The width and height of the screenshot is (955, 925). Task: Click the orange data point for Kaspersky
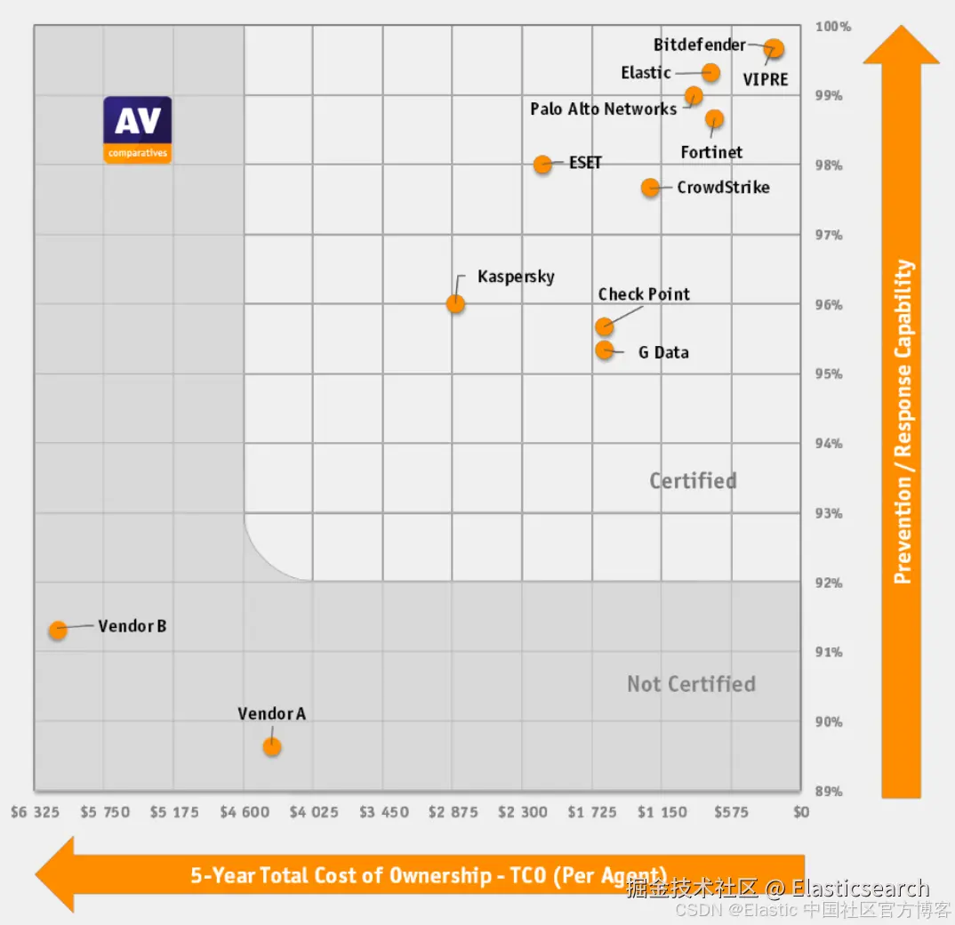[455, 303]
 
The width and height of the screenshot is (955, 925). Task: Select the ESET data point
[542, 164]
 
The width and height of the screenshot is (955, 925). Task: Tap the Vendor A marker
[272, 746]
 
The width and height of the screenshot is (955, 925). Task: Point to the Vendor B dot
[58, 630]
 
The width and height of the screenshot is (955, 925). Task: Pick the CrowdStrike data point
[651, 187]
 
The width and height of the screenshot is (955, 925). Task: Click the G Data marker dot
[605, 350]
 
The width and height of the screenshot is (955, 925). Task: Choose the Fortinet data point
[714, 118]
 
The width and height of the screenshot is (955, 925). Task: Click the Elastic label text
[646, 73]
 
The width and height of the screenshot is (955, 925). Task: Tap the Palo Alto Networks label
[603, 109]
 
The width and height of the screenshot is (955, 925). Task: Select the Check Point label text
[644, 294]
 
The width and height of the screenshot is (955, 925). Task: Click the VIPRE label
[766, 79]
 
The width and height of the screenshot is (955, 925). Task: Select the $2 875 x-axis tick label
[453, 812]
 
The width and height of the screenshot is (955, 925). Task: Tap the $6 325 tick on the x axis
[35, 812]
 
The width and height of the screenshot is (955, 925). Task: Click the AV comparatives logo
[137, 130]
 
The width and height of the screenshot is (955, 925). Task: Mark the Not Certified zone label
[691, 684]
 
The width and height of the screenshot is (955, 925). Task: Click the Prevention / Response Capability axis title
[903, 422]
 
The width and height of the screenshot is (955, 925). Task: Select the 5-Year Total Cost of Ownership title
[428, 875]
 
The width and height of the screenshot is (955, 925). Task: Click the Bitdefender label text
[699, 44]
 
